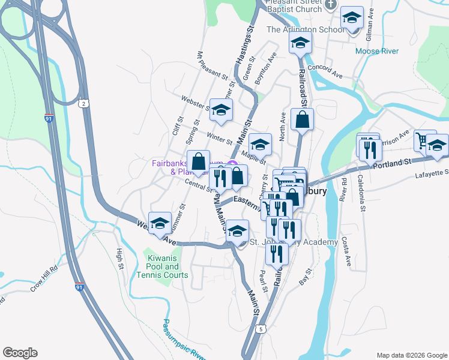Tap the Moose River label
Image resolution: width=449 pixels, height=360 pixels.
(x=376, y=51)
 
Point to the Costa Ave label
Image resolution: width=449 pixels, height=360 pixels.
(x=346, y=251)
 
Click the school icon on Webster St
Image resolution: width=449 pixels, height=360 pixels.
(x=221, y=110)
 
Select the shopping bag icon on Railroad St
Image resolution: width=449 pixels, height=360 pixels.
(x=302, y=119)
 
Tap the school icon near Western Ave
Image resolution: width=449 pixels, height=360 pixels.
(x=160, y=224)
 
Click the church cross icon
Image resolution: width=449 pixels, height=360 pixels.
(x=330, y=5)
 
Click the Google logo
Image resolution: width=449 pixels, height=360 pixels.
(x=20, y=353)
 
